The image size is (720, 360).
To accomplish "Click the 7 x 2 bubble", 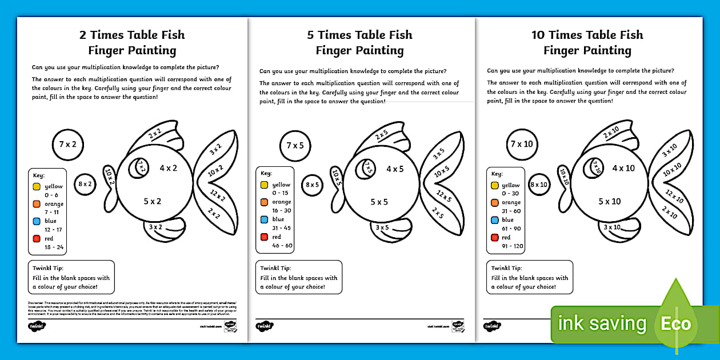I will (67, 145).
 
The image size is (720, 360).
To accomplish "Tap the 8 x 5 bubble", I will (313, 185).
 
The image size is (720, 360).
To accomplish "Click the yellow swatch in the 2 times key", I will (37, 186).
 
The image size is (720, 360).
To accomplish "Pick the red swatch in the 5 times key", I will (264, 237).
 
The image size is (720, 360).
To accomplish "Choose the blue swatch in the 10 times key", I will (494, 220).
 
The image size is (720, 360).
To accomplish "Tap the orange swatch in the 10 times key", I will (494, 203).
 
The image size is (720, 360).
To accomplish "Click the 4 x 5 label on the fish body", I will (395, 169).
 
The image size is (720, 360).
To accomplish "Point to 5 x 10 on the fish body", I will (609, 201).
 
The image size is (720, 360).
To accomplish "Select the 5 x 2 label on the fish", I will (152, 201).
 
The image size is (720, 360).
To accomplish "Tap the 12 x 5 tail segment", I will (444, 197).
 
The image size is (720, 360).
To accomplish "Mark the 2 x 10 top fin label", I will (611, 134).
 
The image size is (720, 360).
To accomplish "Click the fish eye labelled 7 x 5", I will (369, 168).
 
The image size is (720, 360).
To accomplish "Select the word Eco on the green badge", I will (677, 324).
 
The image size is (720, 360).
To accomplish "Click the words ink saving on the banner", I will (602, 324).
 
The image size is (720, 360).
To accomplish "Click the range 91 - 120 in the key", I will (513, 246).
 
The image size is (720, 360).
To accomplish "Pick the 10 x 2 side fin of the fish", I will (110, 175).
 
